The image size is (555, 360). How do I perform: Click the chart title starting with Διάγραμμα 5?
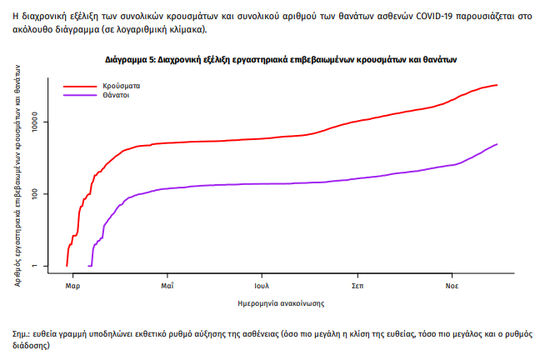pyautogui.click(x=281, y=60)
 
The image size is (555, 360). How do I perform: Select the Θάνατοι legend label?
pyautogui.click(x=116, y=96)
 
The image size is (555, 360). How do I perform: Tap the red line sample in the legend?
pyautogui.click(x=81, y=86)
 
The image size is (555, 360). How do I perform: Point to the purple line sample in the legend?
pyautogui.click(x=81, y=96)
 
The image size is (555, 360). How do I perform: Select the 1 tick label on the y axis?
pyautogui.click(x=48, y=266)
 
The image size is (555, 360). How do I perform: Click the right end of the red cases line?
pyautogui.click(x=497, y=85)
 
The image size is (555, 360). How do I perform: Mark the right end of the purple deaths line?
pyautogui.click(x=497, y=144)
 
